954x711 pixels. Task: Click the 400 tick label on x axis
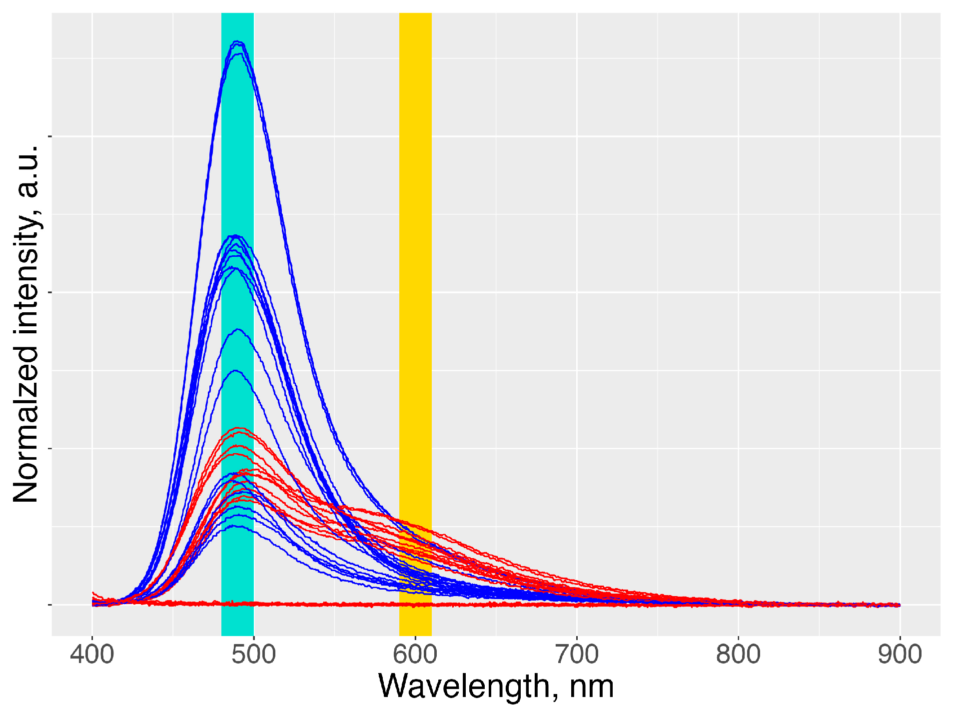tap(92, 654)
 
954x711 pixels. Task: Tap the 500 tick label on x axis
tap(253, 654)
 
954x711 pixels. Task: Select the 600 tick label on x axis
tap(415, 654)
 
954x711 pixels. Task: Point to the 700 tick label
tap(577, 654)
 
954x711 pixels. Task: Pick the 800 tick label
tap(738, 654)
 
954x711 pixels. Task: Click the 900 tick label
tap(900, 654)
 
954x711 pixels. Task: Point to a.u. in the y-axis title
tap(26, 172)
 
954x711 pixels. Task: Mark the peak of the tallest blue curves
tap(237, 42)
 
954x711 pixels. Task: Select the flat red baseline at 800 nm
tap(738, 604)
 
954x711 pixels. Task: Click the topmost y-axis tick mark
tap(49, 136)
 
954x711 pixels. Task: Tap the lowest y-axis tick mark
tap(49, 605)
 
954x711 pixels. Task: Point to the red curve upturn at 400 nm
tap(94, 594)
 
